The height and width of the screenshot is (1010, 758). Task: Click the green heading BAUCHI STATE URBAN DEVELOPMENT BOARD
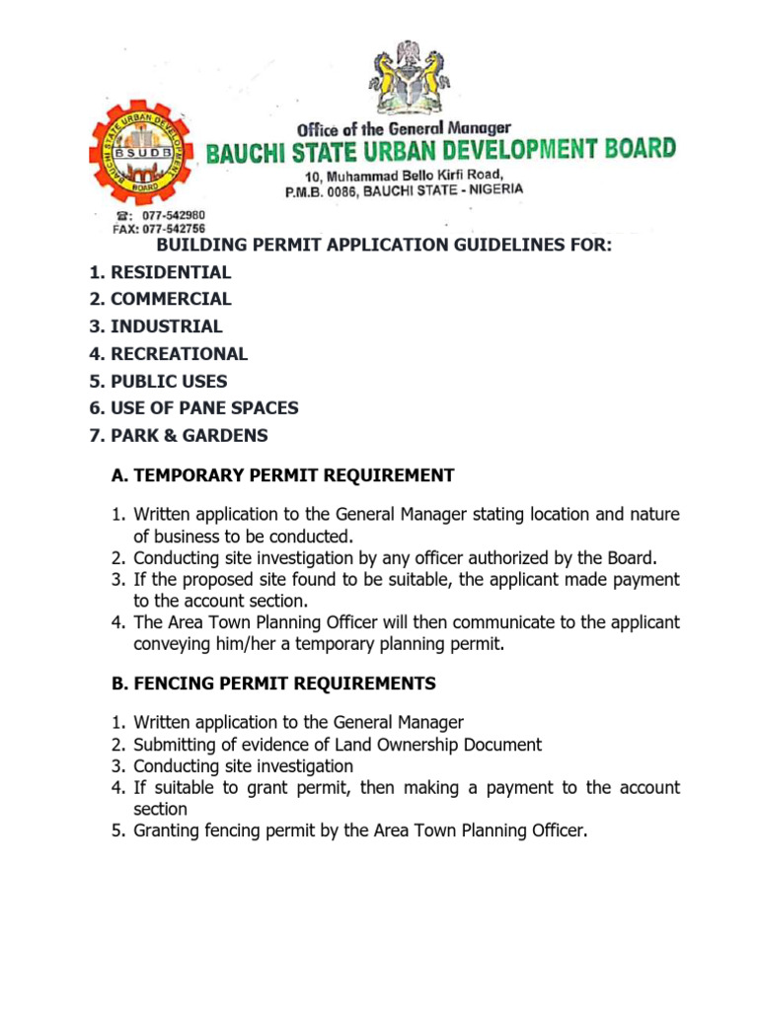click(441, 152)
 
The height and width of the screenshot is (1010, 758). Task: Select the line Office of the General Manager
click(405, 128)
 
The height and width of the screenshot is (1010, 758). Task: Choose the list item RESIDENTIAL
click(171, 272)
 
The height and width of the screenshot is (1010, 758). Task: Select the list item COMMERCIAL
click(171, 299)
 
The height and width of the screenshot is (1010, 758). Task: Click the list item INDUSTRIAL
click(166, 326)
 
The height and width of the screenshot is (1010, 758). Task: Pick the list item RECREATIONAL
click(179, 353)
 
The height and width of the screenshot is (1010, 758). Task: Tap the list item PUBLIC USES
click(169, 381)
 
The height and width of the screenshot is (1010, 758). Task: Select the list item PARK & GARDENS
click(189, 435)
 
